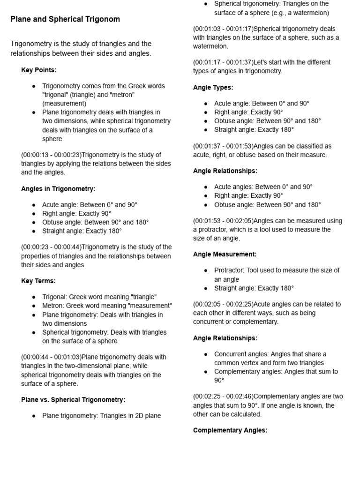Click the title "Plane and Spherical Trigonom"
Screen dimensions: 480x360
(x=65, y=19)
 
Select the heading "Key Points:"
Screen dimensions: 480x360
(x=39, y=70)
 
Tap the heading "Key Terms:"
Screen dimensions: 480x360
(x=38, y=281)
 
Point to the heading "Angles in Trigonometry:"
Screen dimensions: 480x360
(x=58, y=189)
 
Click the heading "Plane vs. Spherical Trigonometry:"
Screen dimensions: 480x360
(x=73, y=400)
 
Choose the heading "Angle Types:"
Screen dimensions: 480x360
(x=213, y=87)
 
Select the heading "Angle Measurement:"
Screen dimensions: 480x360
(x=225, y=254)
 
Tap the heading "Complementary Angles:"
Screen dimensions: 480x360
(x=230, y=430)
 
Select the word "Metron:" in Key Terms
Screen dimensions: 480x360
(x=54, y=306)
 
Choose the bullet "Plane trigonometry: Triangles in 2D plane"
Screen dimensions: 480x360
(x=101, y=415)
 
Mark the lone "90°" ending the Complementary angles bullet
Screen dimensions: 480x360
(x=219, y=380)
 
